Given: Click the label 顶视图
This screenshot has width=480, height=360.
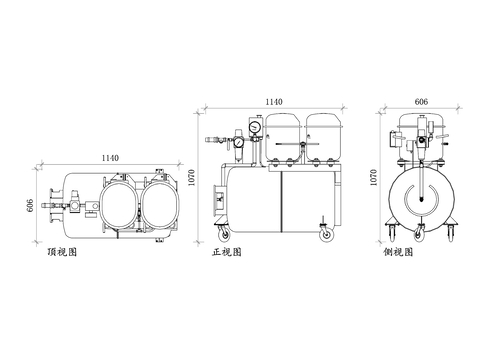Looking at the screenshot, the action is click(x=62, y=252).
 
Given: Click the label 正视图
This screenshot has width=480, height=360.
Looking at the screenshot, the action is click(x=227, y=252).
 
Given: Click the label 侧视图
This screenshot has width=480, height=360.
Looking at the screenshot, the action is click(x=398, y=252).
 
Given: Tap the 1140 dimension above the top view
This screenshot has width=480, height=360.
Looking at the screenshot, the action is click(x=110, y=158).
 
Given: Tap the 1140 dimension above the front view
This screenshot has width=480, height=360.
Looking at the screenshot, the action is click(x=274, y=102).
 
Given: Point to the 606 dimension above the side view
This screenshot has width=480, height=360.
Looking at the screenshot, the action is click(x=421, y=102).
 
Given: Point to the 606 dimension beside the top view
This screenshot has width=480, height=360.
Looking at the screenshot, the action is click(x=30, y=205).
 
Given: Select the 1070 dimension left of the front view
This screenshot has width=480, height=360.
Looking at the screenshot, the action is click(x=192, y=177).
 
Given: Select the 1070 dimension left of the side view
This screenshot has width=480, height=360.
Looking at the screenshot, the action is click(x=374, y=177).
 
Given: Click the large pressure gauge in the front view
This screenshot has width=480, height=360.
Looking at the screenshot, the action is click(x=255, y=126).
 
